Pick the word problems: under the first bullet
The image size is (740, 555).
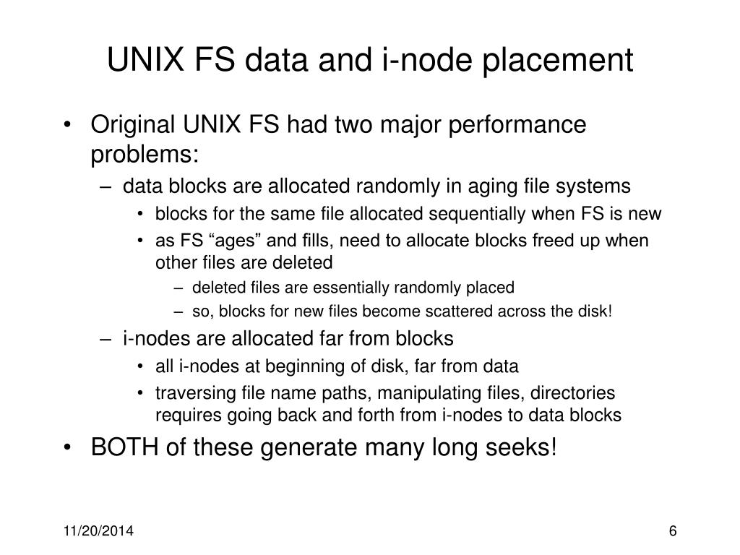[x=144, y=155]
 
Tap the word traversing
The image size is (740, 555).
[x=189, y=394]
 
